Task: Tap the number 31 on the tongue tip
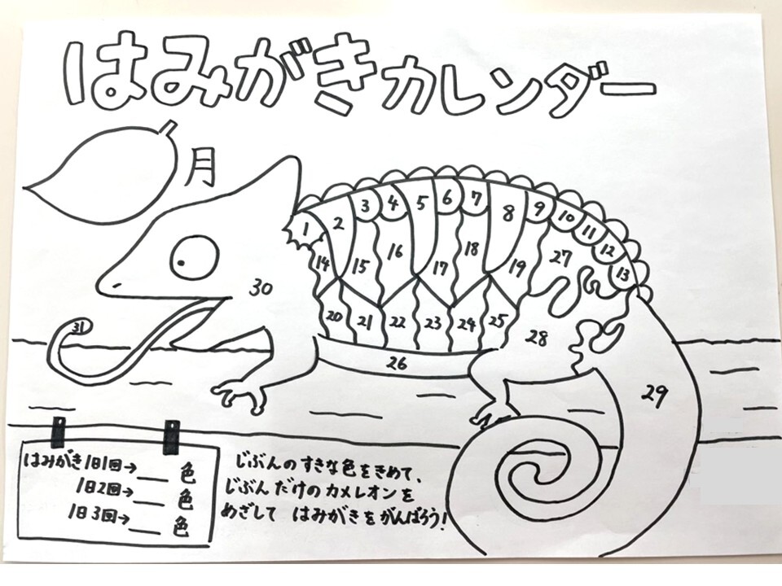tap(79, 327)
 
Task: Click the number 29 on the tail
tap(655, 396)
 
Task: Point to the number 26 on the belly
tap(398, 364)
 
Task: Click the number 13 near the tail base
tap(623, 273)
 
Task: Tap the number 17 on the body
tap(439, 268)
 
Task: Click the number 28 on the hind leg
tap(537, 338)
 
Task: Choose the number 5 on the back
tap(422, 203)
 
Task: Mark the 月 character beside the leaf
tap(201, 168)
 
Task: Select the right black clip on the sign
tap(172, 437)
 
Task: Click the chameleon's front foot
tap(239, 394)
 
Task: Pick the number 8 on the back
tap(507, 213)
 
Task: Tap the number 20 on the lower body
tap(334, 316)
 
